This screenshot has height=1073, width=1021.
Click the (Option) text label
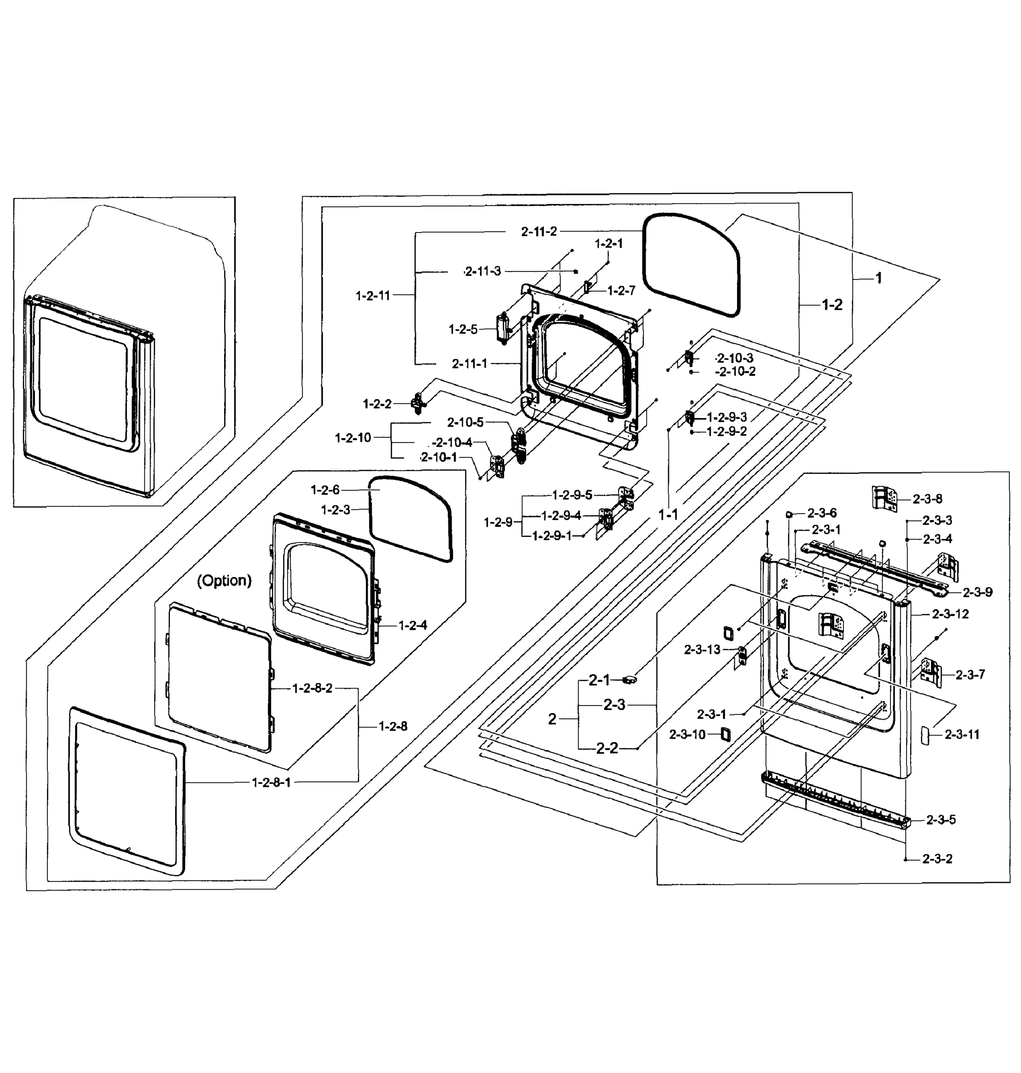coord(224,581)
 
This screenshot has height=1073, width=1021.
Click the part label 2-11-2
coord(539,231)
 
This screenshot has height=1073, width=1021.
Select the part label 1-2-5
coord(462,329)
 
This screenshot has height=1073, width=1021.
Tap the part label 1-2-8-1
coord(271,782)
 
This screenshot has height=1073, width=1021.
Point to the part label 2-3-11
coord(962,735)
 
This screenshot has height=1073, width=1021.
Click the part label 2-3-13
coord(702,650)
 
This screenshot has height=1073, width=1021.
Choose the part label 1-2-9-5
coord(572,495)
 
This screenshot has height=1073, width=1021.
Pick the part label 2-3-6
coord(822,512)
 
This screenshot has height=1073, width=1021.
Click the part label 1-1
coord(668,514)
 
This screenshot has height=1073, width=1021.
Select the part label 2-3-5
coord(941,820)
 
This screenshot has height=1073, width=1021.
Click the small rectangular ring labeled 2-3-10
coord(725,734)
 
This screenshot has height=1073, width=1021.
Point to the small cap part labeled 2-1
coord(629,679)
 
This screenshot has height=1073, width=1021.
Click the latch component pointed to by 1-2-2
coord(419,403)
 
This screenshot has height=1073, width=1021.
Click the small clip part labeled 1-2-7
coord(587,287)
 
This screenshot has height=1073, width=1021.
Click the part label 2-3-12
coord(950,614)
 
